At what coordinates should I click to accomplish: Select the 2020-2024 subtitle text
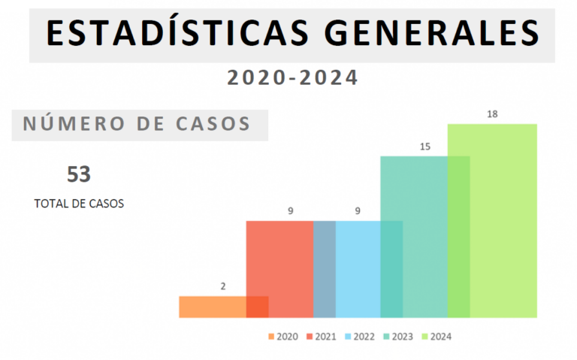pos(292,77)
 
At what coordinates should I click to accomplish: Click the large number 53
pos(79,174)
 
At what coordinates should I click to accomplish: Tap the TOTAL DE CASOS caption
pos(79,203)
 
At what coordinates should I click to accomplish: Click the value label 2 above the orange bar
pos(223,286)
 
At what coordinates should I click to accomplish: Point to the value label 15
pos(424,147)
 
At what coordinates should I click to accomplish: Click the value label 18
pos(492,114)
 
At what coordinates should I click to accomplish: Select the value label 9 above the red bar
pos(290,211)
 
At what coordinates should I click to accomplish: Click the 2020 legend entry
pos(282,337)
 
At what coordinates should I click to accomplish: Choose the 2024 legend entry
pos(437,337)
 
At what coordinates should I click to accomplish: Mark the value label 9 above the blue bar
pos(358,211)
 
